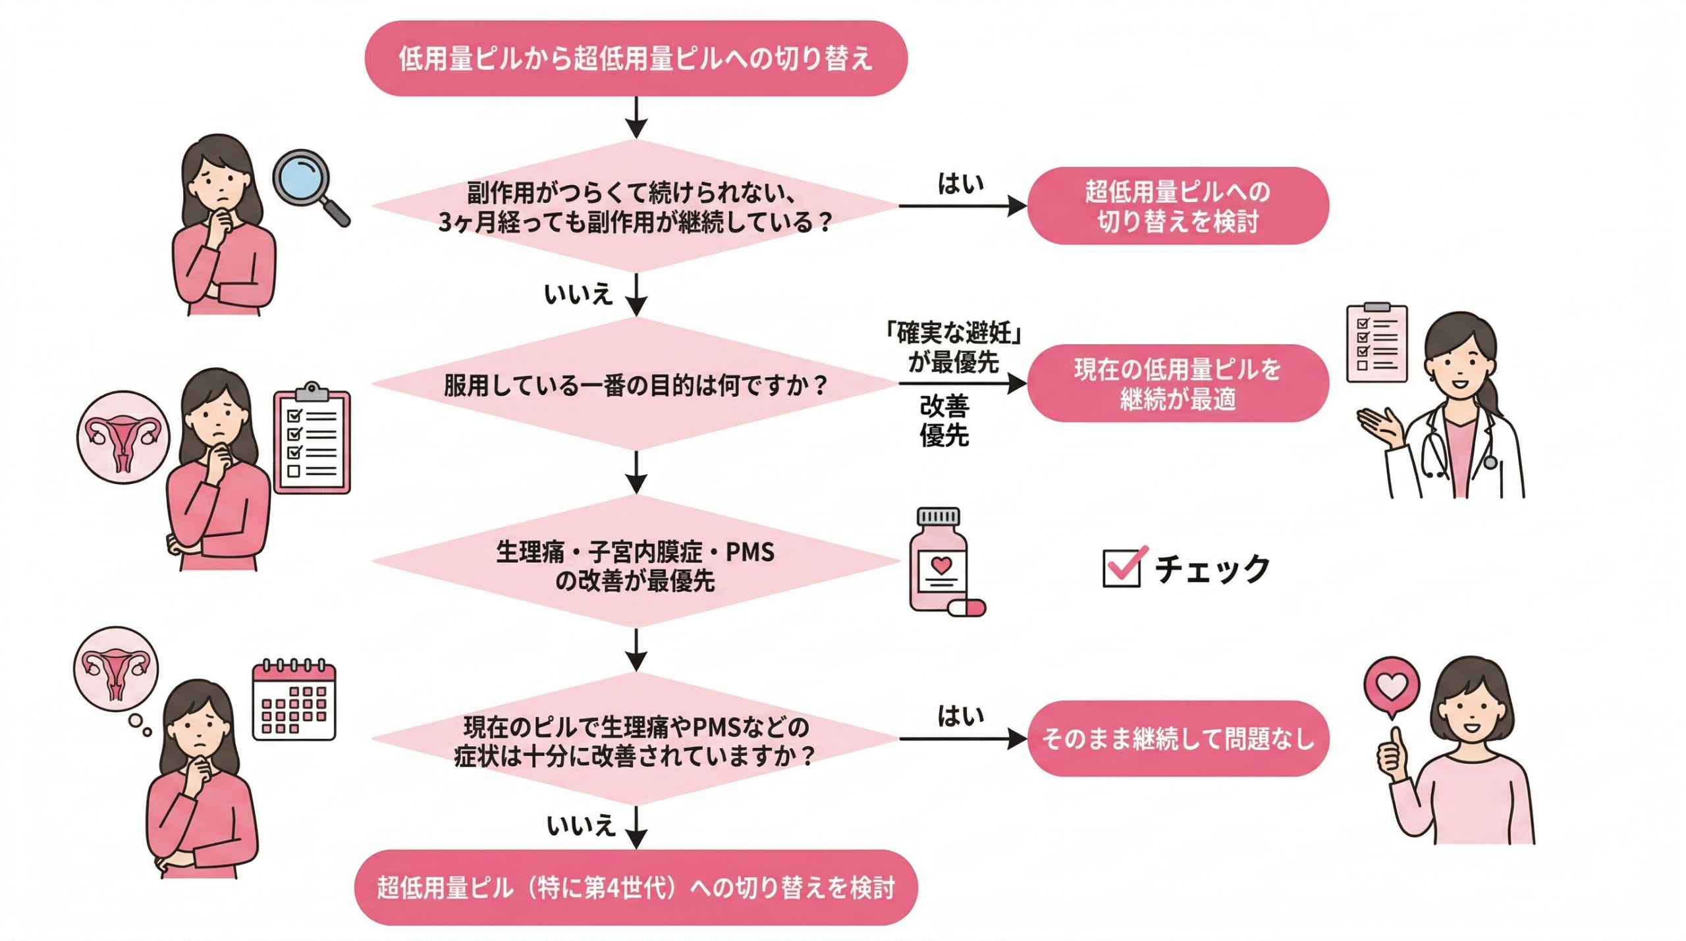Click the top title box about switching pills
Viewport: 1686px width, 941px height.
point(636,59)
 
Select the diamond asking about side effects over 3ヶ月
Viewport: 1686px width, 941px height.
point(636,207)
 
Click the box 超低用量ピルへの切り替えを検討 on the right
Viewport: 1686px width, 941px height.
point(1178,206)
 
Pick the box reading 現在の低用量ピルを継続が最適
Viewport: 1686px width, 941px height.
point(1178,383)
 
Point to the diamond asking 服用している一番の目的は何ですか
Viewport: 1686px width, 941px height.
point(636,385)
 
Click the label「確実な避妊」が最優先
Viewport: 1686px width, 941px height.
point(953,347)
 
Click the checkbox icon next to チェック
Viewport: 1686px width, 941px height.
point(1122,567)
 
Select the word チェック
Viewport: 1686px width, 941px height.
point(1212,569)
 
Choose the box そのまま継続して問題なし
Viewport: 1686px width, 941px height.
point(1178,738)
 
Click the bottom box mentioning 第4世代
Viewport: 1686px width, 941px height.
point(636,887)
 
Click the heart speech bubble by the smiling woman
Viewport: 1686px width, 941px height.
point(1391,687)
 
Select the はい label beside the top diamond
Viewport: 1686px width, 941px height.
point(961,184)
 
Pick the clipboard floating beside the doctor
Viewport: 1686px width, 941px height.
point(1376,343)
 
